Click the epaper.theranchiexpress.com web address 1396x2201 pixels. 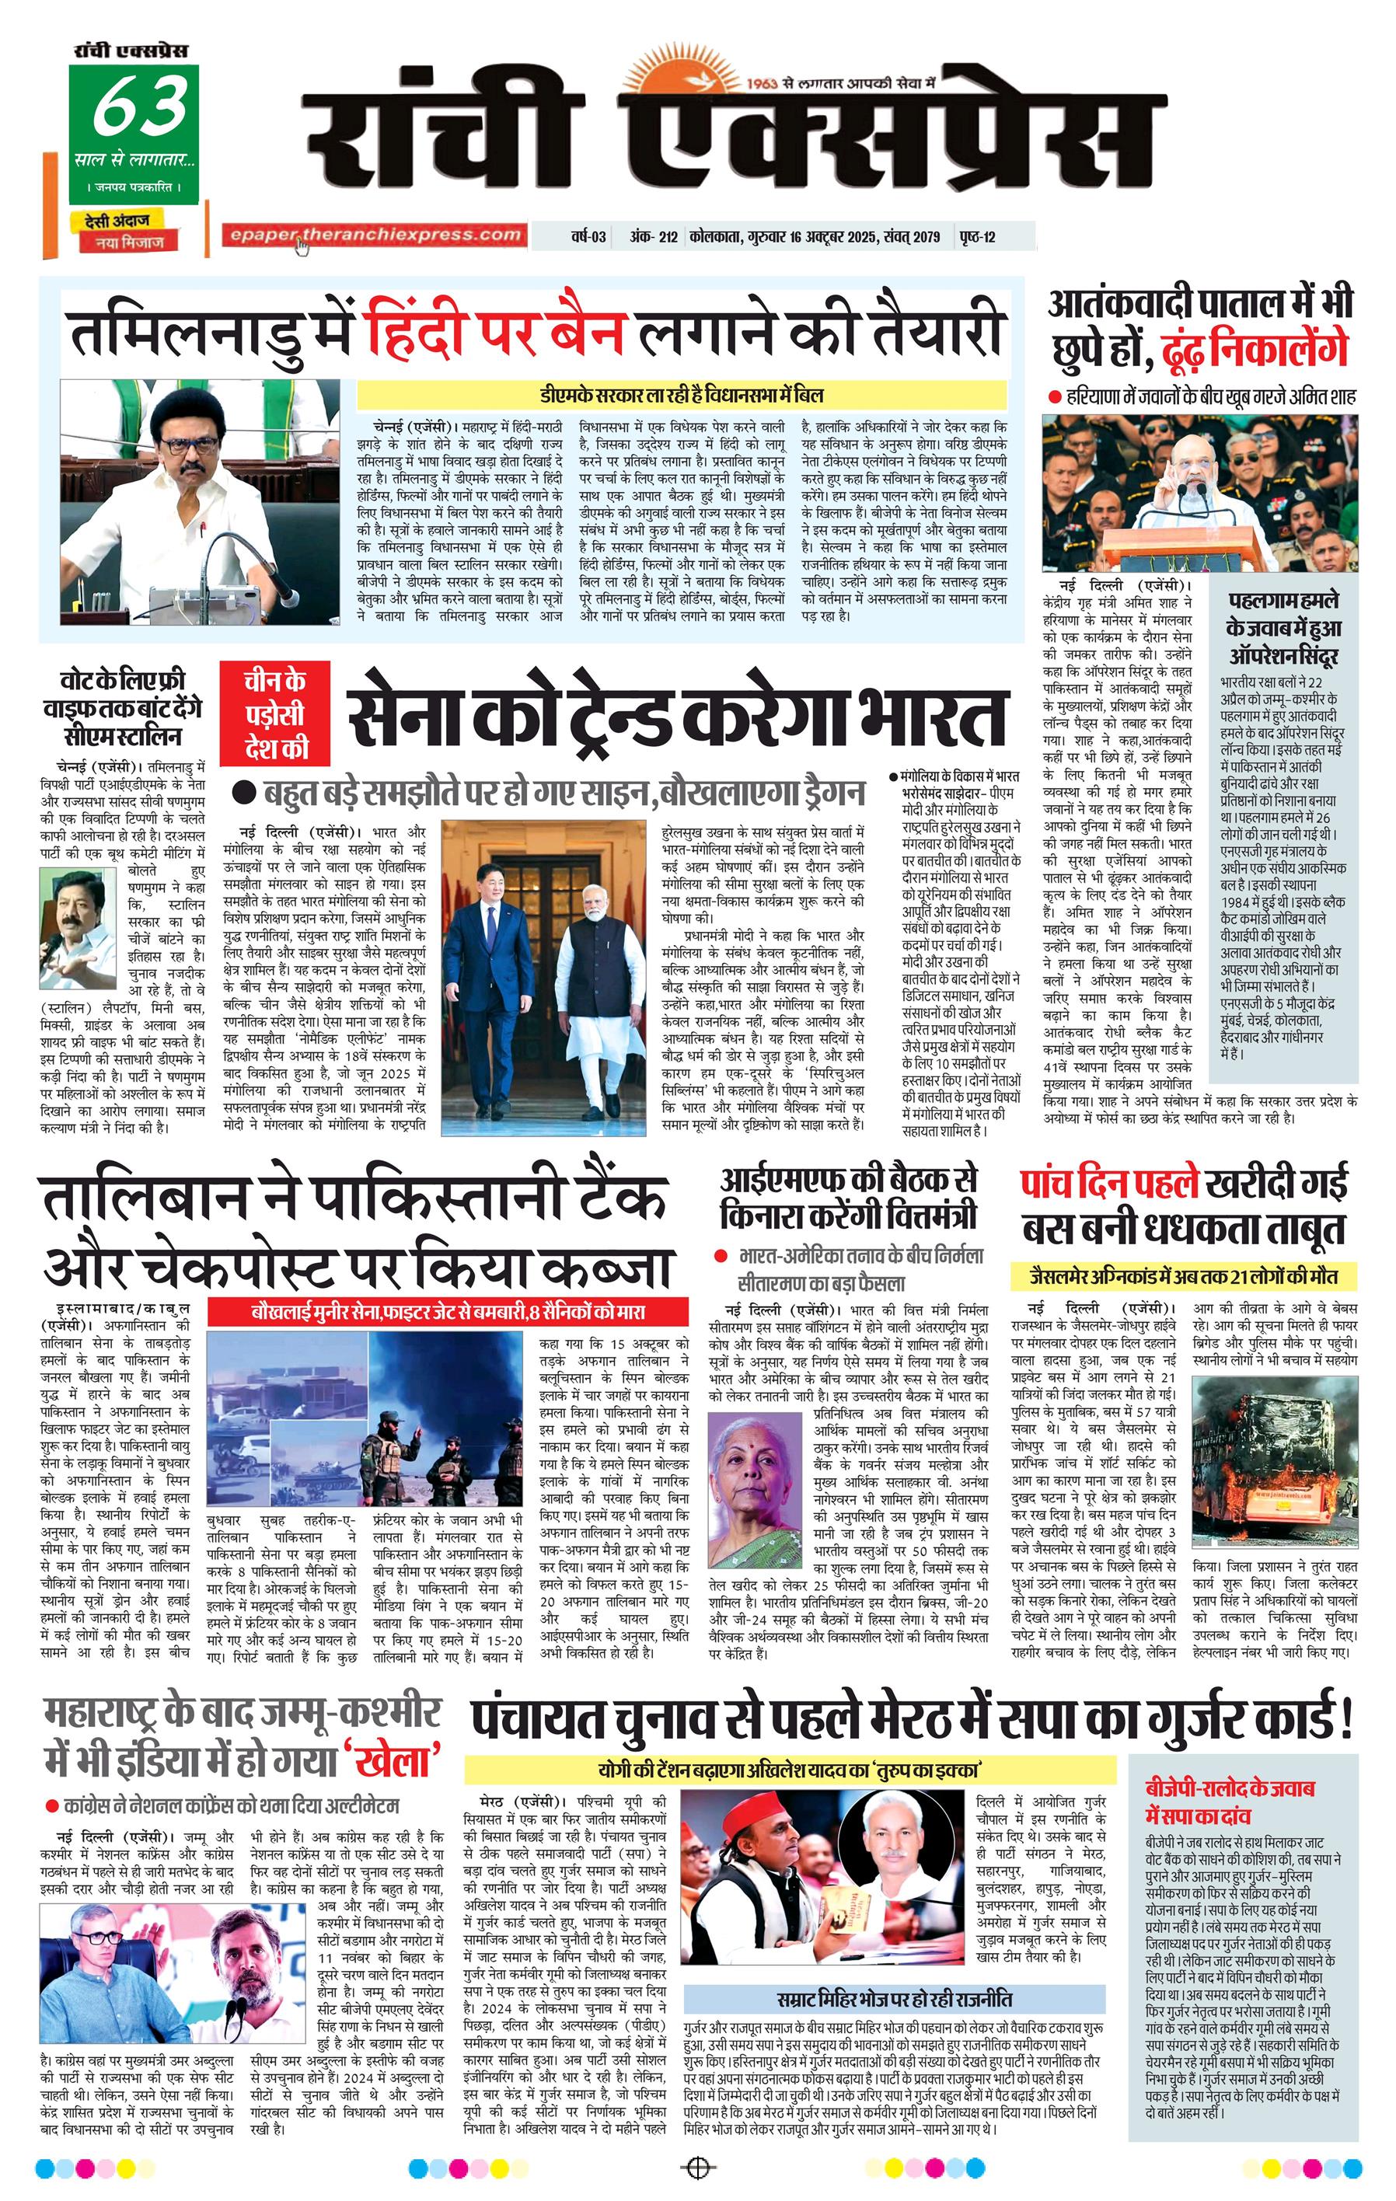(x=375, y=235)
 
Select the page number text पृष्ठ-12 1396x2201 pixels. (x=977, y=237)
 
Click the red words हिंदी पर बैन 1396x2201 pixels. (x=494, y=332)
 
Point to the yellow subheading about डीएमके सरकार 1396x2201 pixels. (x=681, y=395)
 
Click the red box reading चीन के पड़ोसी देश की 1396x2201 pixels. (x=274, y=714)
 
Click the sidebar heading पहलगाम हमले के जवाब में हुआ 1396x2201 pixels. (x=1283, y=628)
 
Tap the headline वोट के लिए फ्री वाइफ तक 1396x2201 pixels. (x=121, y=707)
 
